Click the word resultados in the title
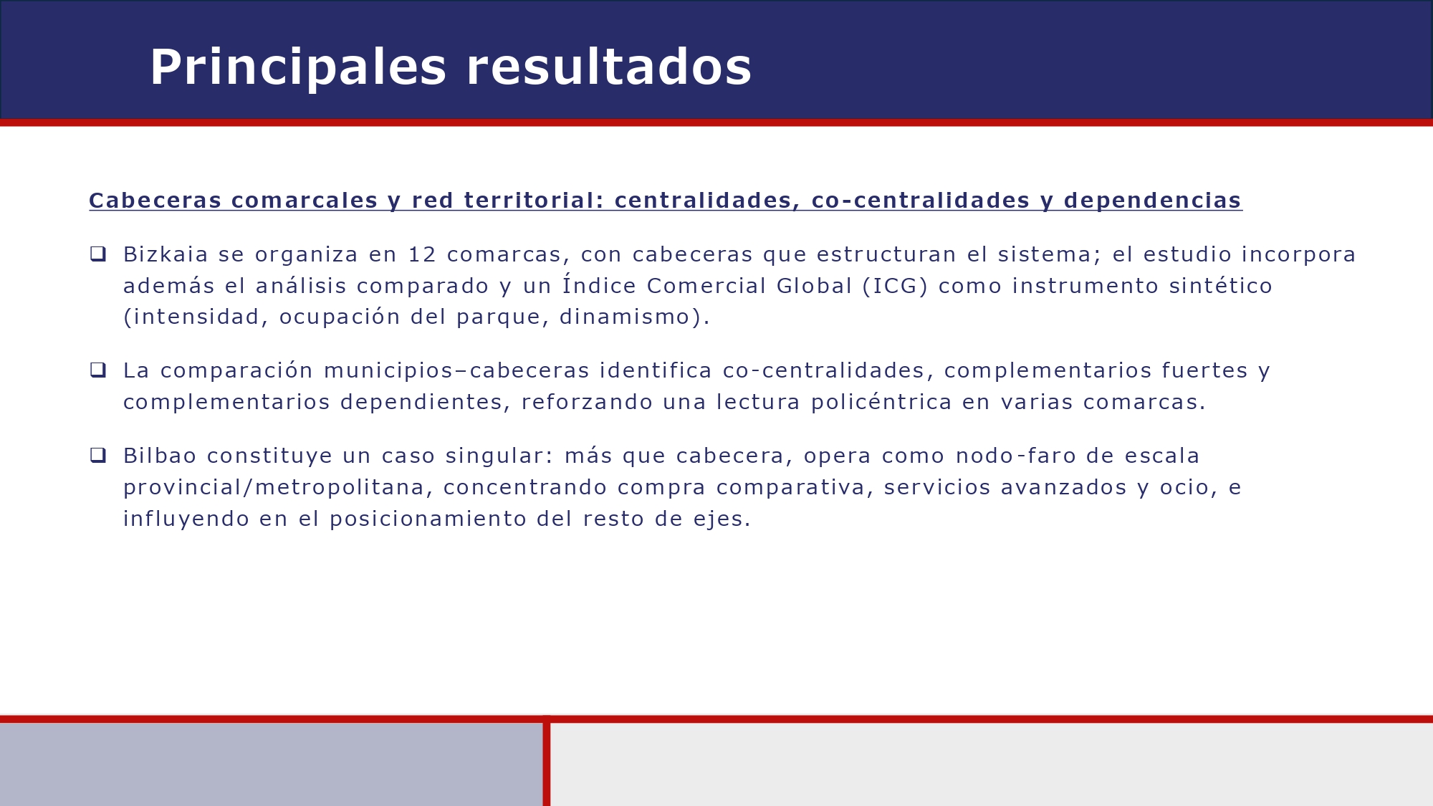coord(609,68)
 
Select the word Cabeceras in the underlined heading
coord(155,201)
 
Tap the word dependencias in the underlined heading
coord(1152,201)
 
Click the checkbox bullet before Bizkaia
coord(98,254)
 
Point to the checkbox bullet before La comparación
coord(98,370)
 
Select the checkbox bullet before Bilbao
coord(98,455)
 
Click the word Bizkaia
coord(166,254)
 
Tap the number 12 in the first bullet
coord(422,254)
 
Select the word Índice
coord(599,285)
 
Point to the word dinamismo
coord(624,317)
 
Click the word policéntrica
coord(881,402)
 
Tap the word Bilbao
coord(160,456)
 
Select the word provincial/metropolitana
coord(274,487)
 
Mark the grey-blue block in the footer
coord(271,764)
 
